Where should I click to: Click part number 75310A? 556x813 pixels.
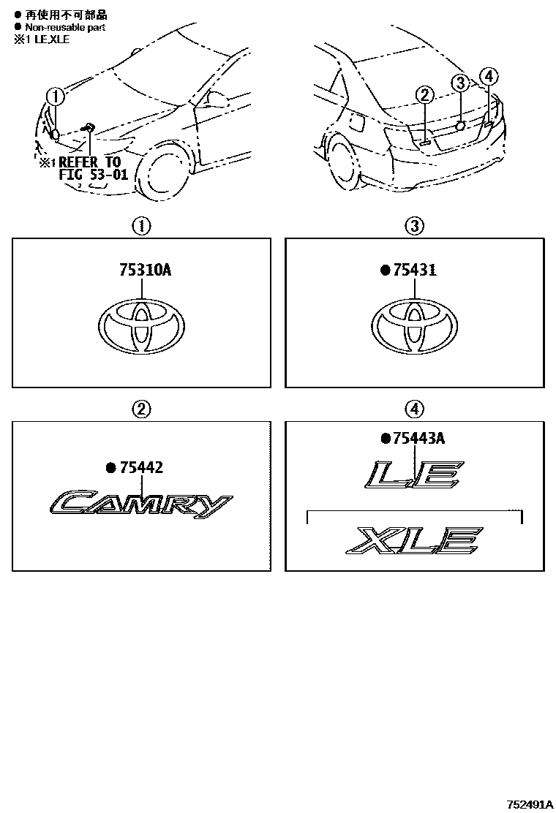tap(146, 270)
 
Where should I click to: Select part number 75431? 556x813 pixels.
tap(415, 270)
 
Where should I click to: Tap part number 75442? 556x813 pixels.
tap(142, 468)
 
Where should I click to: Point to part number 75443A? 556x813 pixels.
tap(419, 439)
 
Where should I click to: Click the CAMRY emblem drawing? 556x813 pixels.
tap(141, 504)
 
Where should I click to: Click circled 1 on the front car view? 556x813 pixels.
tap(55, 97)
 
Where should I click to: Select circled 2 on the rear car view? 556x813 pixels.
tap(425, 95)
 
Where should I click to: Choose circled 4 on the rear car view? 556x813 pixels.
tap(489, 77)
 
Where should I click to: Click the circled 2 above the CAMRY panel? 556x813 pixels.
tap(141, 409)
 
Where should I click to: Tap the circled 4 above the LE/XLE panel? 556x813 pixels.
tap(414, 409)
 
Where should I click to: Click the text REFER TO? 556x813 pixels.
tap(90, 162)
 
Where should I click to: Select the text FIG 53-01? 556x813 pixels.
tap(94, 174)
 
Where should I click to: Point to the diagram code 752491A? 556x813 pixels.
tap(529, 805)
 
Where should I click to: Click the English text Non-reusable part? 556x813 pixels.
tap(65, 27)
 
